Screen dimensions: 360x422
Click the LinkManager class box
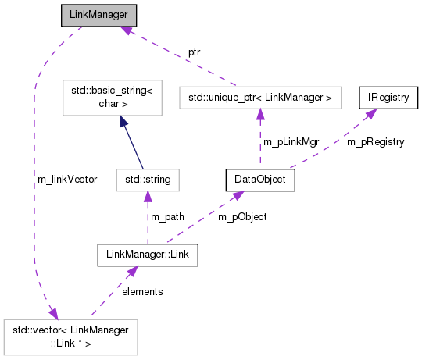99,16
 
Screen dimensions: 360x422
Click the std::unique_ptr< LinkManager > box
260,98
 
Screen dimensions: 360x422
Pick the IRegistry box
388,98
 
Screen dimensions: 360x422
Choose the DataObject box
260,180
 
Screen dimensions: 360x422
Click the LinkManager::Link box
148,255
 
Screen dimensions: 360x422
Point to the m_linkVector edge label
67,180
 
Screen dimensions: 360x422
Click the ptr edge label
195,52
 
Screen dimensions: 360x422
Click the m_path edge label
166,217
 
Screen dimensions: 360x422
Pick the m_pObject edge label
244,217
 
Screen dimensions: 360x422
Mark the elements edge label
141,292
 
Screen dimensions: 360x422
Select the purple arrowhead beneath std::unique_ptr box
260,115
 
